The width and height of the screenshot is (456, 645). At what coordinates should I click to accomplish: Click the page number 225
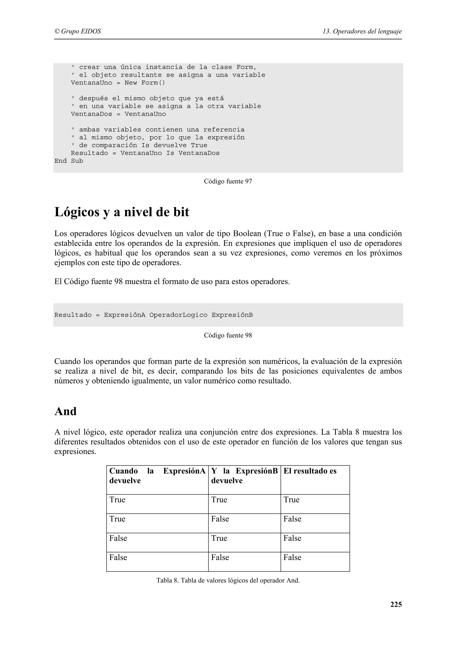coord(396,604)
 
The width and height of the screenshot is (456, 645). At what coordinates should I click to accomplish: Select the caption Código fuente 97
coord(228,181)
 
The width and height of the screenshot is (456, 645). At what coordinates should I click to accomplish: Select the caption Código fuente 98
coord(228,335)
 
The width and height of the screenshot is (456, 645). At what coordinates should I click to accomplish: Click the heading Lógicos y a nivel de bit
coord(122,212)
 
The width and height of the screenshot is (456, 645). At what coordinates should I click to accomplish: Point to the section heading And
coord(65,412)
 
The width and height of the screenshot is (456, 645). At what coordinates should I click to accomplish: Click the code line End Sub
coord(69,161)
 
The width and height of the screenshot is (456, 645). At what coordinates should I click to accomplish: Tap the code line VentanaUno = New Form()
coord(118,83)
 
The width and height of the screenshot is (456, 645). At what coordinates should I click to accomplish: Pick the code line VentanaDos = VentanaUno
coord(118,114)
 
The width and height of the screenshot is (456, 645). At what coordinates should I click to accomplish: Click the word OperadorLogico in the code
coord(178,315)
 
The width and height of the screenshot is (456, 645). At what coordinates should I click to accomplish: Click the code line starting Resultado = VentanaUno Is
coord(145,153)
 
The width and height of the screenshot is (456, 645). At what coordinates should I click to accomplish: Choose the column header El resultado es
coord(310,471)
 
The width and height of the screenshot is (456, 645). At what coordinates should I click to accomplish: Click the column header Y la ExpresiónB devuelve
coord(244,476)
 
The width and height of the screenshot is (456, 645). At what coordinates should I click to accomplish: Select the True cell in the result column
coord(291,500)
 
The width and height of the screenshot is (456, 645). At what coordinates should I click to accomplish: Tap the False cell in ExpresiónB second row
coord(220,519)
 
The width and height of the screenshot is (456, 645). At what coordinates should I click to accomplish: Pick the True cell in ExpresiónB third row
coord(219,538)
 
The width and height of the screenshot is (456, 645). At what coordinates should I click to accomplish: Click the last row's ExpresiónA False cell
coord(118,557)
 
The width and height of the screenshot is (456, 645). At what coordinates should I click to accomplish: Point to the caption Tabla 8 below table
coord(228,580)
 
